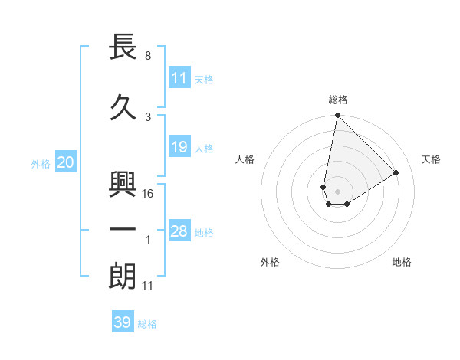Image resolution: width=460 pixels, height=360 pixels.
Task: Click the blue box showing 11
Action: pos(179,78)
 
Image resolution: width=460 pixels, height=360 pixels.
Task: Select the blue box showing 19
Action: pos(179,147)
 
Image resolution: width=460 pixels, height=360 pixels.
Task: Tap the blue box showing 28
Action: pos(179,231)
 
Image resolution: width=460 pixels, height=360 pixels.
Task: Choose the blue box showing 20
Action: pos(65,162)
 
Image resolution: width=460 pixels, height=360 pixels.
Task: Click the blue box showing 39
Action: pos(122,322)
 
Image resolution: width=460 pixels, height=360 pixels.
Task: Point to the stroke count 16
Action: pos(149,194)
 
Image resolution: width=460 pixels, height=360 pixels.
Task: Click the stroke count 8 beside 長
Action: pos(148,56)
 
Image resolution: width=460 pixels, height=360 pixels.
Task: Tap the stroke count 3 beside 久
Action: pos(148,117)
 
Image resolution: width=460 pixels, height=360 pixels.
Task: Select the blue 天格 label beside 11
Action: pos(204,79)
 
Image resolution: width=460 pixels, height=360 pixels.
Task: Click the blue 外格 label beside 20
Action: pos(41,163)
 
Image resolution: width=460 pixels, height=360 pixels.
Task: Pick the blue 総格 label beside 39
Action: pos(147,323)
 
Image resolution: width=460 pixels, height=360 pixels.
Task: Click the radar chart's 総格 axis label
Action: pos(337,100)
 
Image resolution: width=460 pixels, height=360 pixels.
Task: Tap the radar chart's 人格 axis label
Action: pos(245,159)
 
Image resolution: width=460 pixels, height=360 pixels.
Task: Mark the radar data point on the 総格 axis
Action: pos(337,116)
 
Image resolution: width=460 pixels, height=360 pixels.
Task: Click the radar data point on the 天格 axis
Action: pos(396,172)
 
